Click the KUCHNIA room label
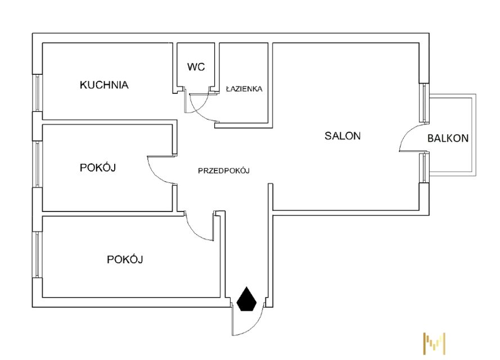(104, 85)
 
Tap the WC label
(196, 67)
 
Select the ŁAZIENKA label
(244, 89)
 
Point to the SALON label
(342, 136)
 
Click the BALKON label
(448, 138)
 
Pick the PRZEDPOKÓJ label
(223, 171)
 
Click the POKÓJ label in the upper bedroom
(98, 168)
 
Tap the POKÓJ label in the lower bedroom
(125, 259)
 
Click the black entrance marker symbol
(247, 299)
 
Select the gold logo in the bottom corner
(434, 342)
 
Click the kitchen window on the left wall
(38, 93)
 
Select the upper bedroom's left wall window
(38, 164)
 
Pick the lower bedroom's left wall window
(38, 254)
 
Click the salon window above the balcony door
(424, 103)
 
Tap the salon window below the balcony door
(424, 167)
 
